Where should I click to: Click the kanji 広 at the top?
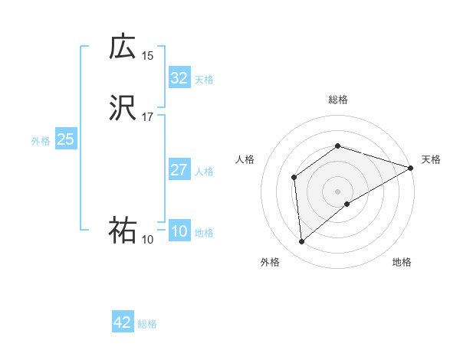coord(123,47)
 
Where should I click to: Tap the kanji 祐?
coord(123,231)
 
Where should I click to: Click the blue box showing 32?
coord(179,78)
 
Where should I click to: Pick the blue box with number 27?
coord(179,170)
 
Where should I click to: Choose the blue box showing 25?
coord(65,139)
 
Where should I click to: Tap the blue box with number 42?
coord(123,322)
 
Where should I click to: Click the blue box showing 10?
coord(179,231)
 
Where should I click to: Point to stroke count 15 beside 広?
coord(148,55)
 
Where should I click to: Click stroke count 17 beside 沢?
coord(148,117)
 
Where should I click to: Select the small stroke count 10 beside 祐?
coord(148,240)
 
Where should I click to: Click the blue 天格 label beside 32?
coord(204,80)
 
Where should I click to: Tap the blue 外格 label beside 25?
coord(41,141)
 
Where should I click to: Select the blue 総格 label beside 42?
coord(147,324)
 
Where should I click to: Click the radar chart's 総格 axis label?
coord(338,100)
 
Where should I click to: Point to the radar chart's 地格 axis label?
coord(402,262)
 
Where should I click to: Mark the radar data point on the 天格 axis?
coord(411,168)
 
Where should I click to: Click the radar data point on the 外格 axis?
coord(302,242)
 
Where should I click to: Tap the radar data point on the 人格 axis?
coord(294,178)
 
